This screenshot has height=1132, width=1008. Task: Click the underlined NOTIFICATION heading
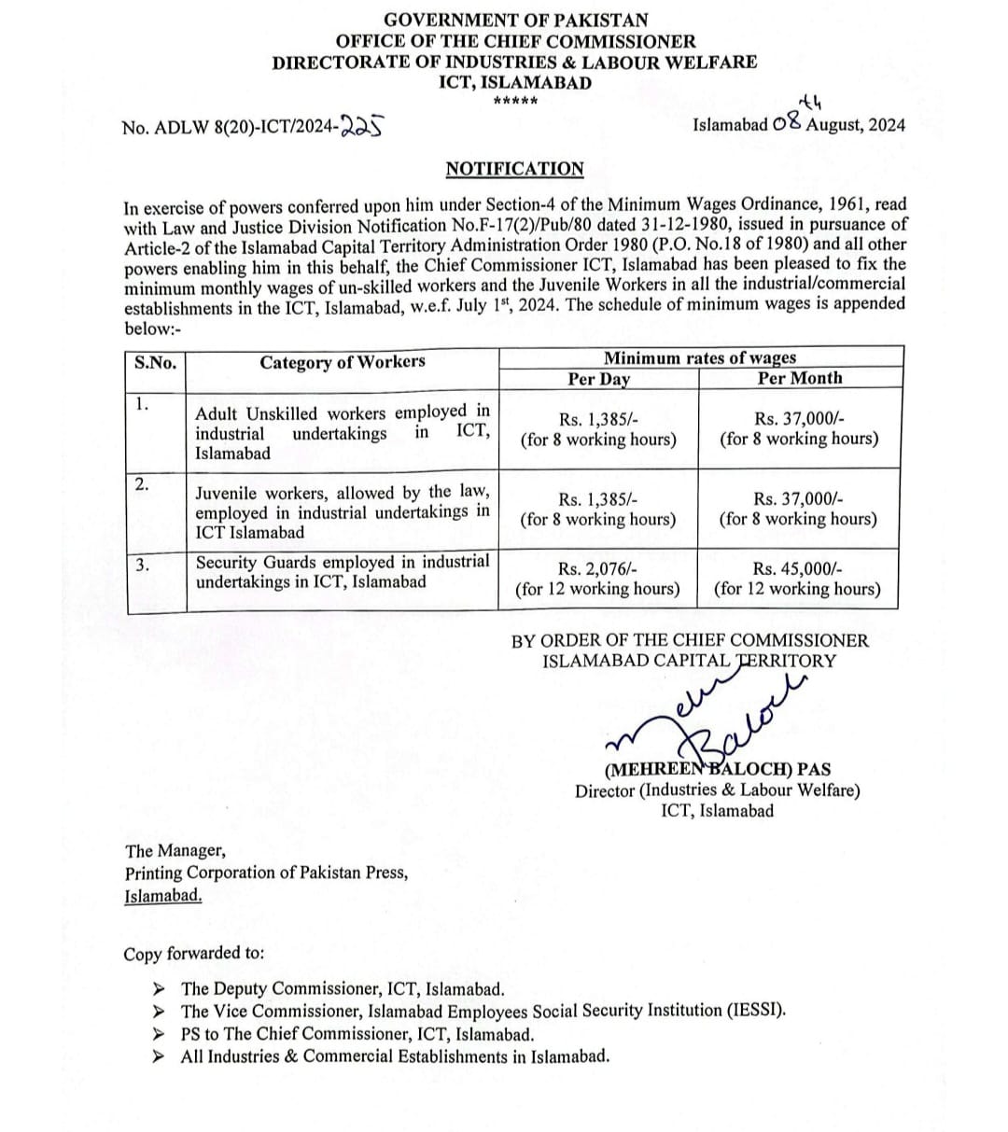click(514, 169)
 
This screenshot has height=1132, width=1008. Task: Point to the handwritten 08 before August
click(788, 124)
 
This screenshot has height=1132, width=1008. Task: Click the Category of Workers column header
click(342, 362)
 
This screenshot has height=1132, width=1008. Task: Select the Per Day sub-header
click(598, 378)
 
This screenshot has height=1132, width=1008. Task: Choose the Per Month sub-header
click(799, 378)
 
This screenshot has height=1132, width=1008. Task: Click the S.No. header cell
click(155, 363)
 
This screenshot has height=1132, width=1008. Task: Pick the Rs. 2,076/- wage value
click(597, 569)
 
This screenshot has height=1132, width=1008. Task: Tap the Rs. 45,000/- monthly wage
click(797, 569)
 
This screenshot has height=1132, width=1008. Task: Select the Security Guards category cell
click(342, 571)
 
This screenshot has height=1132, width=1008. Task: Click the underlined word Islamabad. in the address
click(163, 895)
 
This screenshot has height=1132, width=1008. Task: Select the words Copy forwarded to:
click(194, 954)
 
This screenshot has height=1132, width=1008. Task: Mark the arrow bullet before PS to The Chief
click(160, 1034)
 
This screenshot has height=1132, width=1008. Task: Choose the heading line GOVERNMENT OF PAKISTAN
click(515, 19)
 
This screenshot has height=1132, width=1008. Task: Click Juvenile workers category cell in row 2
click(342, 511)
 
